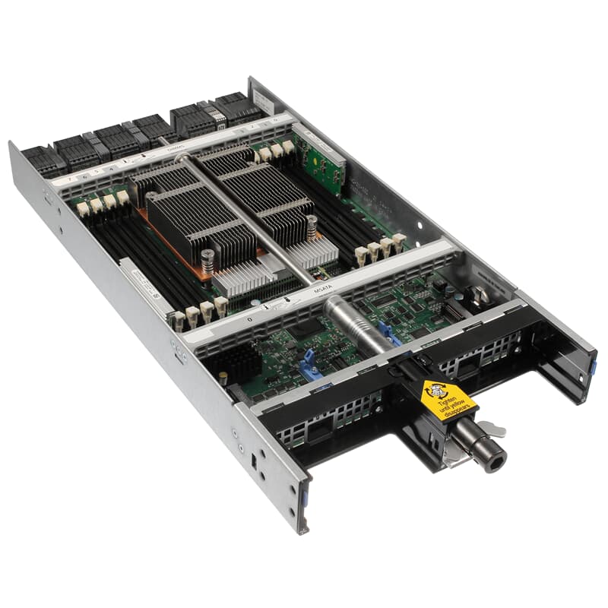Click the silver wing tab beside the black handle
pos(496,432)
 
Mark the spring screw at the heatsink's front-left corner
pos(207,258)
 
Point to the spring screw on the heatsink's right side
pos(311,226)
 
